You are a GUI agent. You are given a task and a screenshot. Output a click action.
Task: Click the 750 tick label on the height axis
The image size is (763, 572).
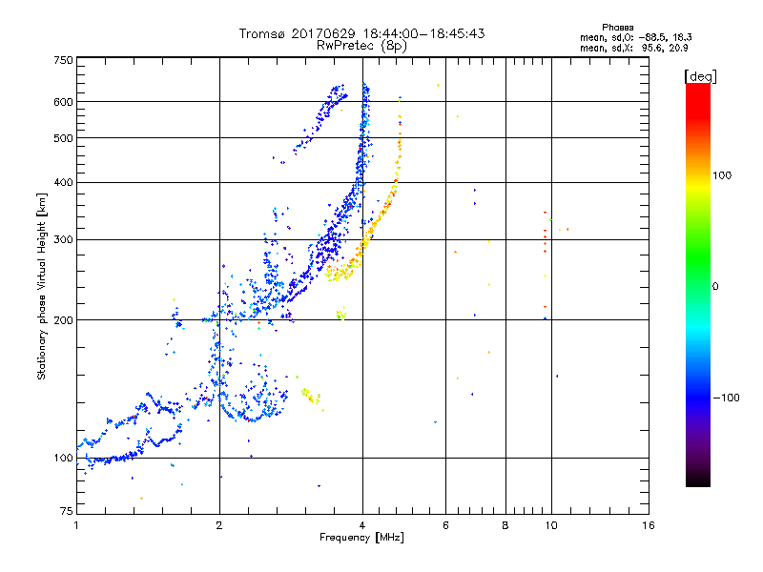[63, 59]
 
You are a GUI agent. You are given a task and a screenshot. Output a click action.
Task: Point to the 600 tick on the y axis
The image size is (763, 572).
[63, 102]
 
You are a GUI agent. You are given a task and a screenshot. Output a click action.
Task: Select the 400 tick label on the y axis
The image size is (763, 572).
[63, 182]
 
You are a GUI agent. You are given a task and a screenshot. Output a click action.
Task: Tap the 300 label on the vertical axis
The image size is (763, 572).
[63, 239]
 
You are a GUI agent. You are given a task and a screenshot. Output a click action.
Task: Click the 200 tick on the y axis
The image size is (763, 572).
[63, 320]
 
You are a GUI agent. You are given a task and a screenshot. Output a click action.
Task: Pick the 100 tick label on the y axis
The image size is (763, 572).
[63, 459]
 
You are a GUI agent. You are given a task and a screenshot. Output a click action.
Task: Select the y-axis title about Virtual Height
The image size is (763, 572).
[42, 287]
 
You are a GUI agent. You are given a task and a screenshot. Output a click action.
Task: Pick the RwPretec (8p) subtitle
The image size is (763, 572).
[362, 45]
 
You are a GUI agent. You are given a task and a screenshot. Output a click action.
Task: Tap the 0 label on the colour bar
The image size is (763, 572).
[714, 286]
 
